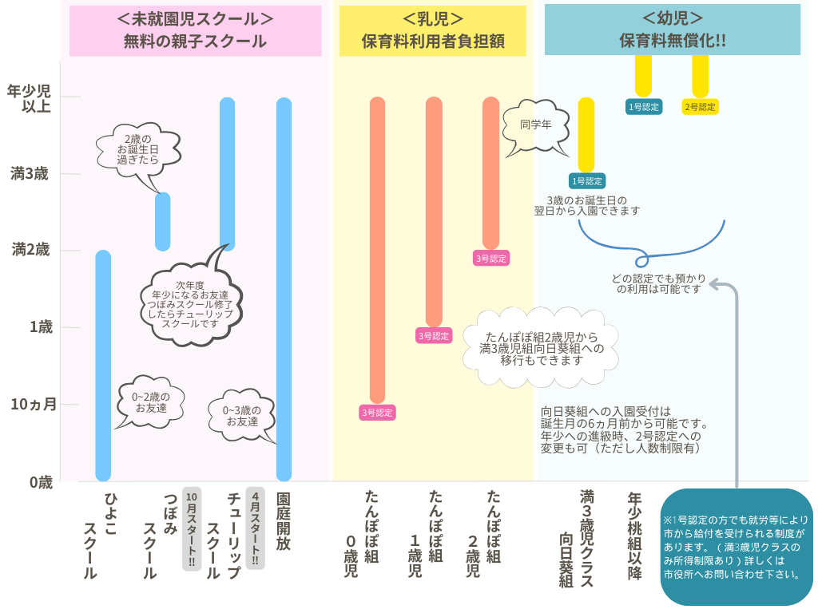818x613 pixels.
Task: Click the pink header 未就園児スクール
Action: [x=195, y=30]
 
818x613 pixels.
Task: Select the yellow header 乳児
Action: [x=433, y=30]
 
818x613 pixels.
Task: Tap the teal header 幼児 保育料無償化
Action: [x=672, y=30]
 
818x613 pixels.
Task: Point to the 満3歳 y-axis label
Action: [x=30, y=173]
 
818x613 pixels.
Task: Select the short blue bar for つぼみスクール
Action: [x=162, y=221]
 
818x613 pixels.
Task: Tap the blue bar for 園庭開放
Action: [x=284, y=287]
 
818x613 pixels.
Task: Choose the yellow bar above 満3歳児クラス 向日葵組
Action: [x=586, y=134]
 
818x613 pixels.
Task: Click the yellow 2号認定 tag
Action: [x=700, y=106]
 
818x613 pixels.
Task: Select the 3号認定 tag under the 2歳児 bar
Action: [x=491, y=258]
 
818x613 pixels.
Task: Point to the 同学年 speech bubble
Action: [x=535, y=125]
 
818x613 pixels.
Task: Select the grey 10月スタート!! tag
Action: [x=191, y=528]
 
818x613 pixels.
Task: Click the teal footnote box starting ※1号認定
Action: [x=736, y=547]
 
